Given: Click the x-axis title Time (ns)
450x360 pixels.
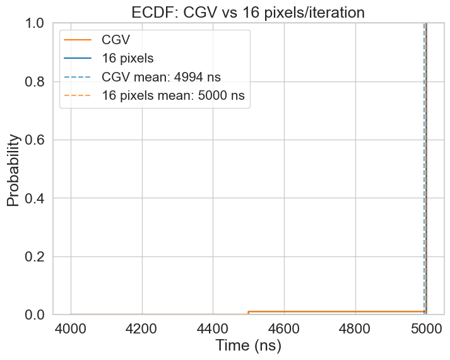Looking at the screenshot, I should point(248,346).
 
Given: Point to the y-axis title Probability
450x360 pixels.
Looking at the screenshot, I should point(14,169).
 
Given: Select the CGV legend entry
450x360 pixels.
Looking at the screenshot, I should point(115,40).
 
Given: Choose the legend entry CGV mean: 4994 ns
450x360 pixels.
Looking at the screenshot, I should point(161,78).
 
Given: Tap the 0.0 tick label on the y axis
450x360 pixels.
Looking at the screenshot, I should point(39,315).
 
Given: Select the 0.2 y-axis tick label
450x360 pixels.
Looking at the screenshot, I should point(39,256).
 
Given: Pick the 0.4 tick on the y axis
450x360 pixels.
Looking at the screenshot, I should point(39,198).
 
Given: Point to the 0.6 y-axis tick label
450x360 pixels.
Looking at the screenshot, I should point(39,140).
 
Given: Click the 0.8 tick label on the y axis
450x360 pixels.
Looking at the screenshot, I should point(39,81).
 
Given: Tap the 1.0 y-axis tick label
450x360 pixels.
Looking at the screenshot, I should point(39,23).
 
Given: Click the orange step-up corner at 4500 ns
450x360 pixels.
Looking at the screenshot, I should point(249,311).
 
